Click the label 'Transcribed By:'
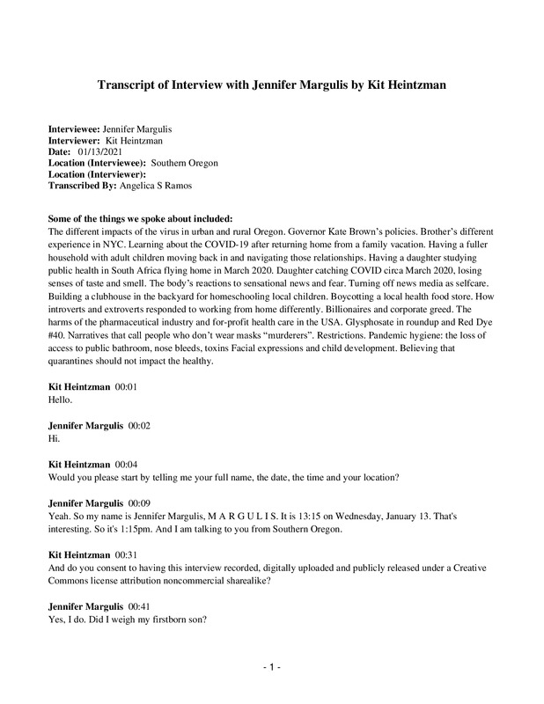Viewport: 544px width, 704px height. coord(83,186)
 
